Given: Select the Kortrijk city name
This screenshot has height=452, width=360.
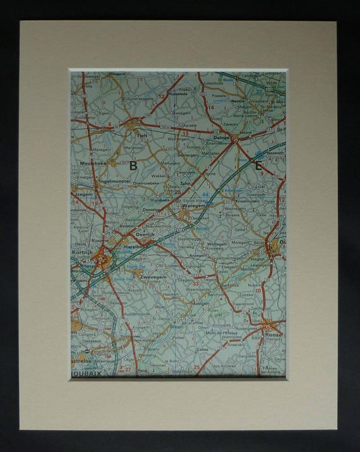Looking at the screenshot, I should pos(82,252).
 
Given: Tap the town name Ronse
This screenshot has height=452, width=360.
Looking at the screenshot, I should pos(273,335).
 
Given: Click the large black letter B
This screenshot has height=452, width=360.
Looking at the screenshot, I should pos(133,166).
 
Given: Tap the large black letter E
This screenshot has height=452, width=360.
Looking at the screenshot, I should pos(258,166).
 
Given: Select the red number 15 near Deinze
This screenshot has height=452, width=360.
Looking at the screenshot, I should pos(185,134).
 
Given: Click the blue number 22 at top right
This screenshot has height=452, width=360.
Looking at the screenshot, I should pos(259,91).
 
